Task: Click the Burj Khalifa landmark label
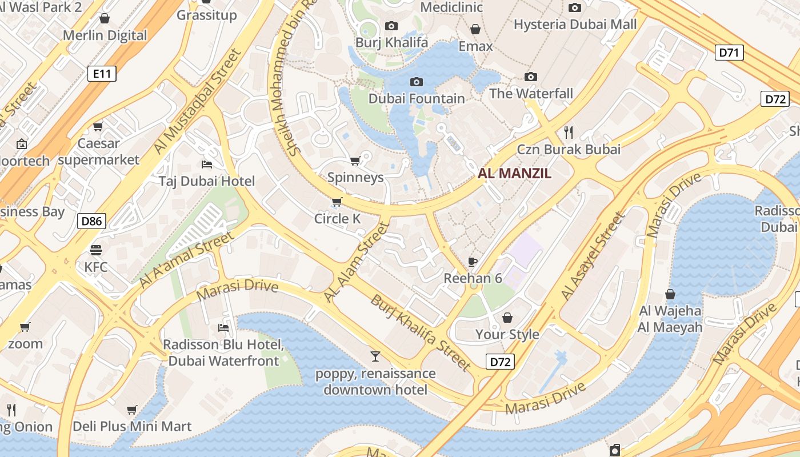[391, 42]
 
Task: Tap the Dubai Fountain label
[417, 98]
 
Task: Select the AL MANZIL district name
[514, 174]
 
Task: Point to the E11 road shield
[102, 73]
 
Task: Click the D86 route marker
[92, 221]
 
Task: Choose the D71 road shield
[729, 53]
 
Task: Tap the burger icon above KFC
[95, 250]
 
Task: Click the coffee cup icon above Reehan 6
[473, 262]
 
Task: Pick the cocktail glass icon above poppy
[375, 356]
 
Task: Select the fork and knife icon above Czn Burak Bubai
[569, 133]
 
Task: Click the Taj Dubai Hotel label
[207, 181]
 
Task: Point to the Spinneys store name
[355, 177]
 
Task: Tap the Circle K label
[339, 218]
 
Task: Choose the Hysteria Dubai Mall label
[575, 25]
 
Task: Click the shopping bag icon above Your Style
[507, 318]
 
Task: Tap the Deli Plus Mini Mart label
[132, 426]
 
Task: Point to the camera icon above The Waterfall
[531, 77]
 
